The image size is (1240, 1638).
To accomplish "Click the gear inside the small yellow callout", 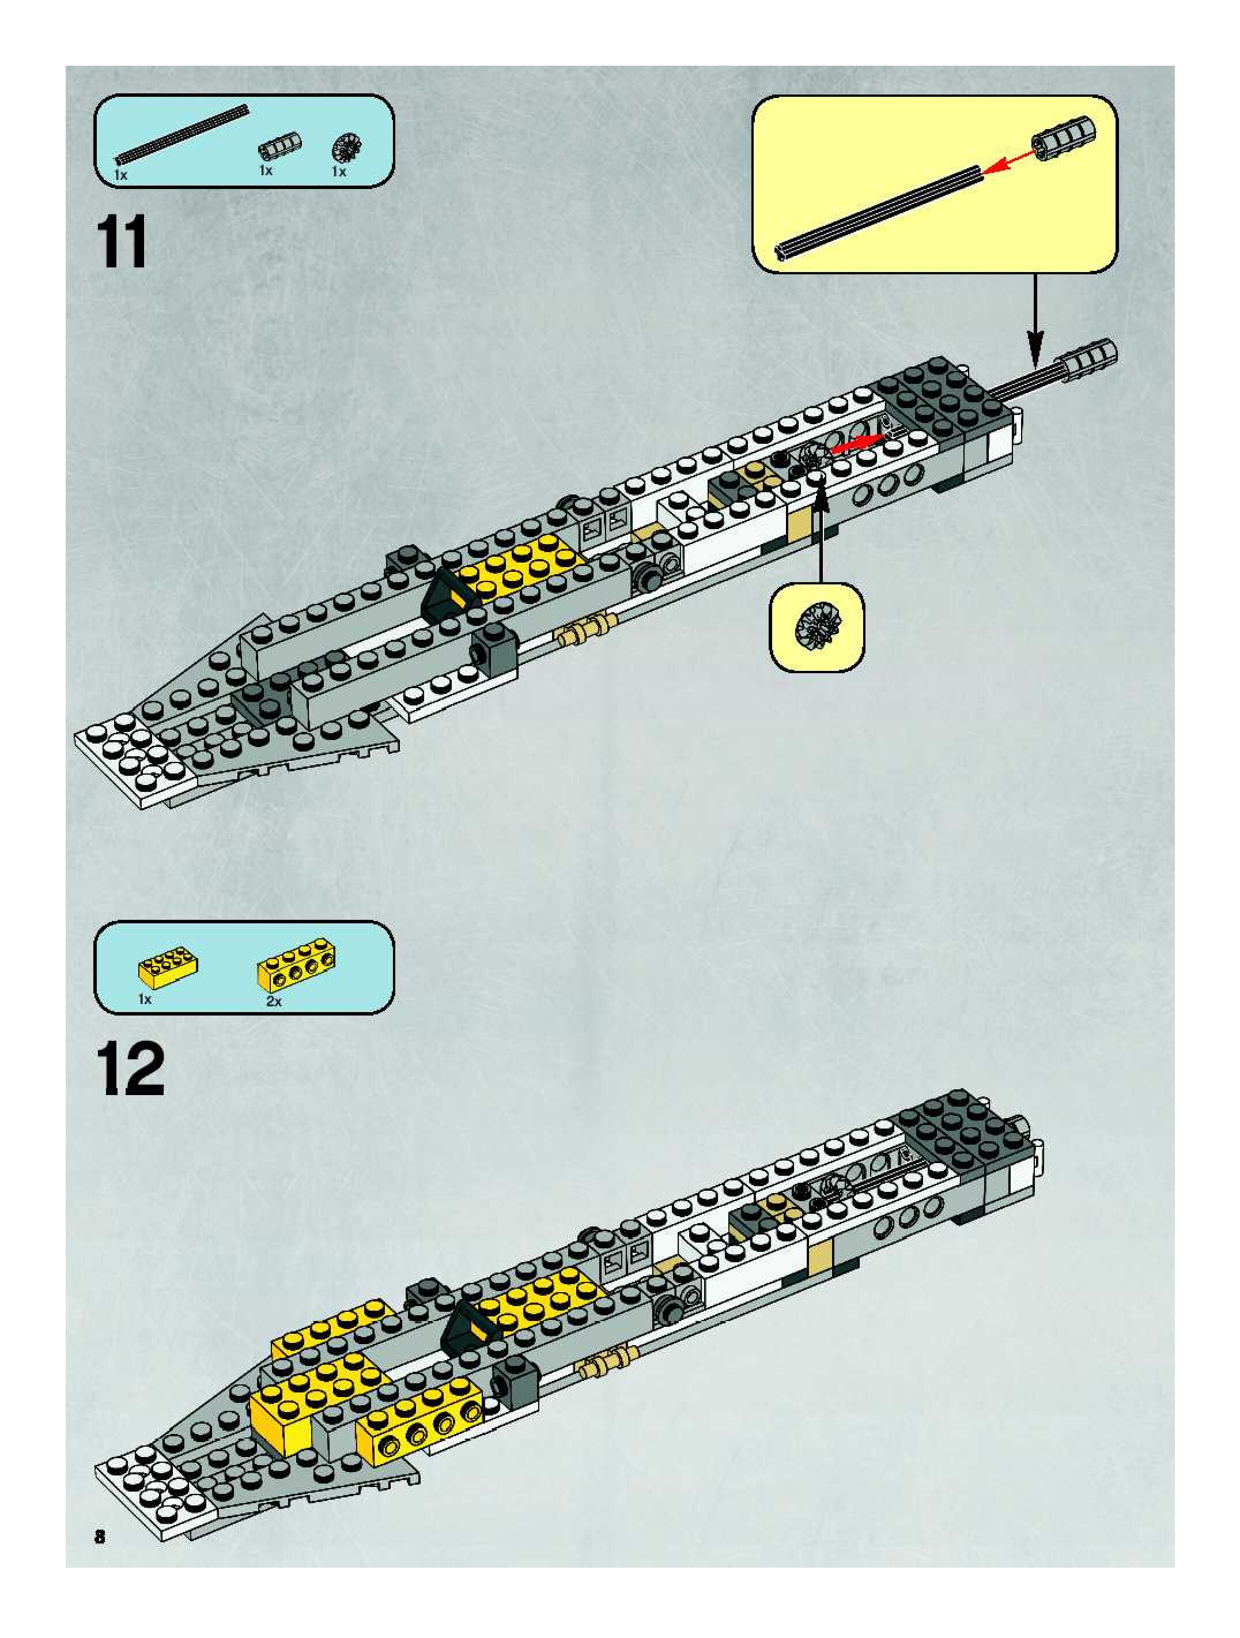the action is click(816, 626).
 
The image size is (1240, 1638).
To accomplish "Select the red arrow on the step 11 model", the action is click(857, 444).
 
